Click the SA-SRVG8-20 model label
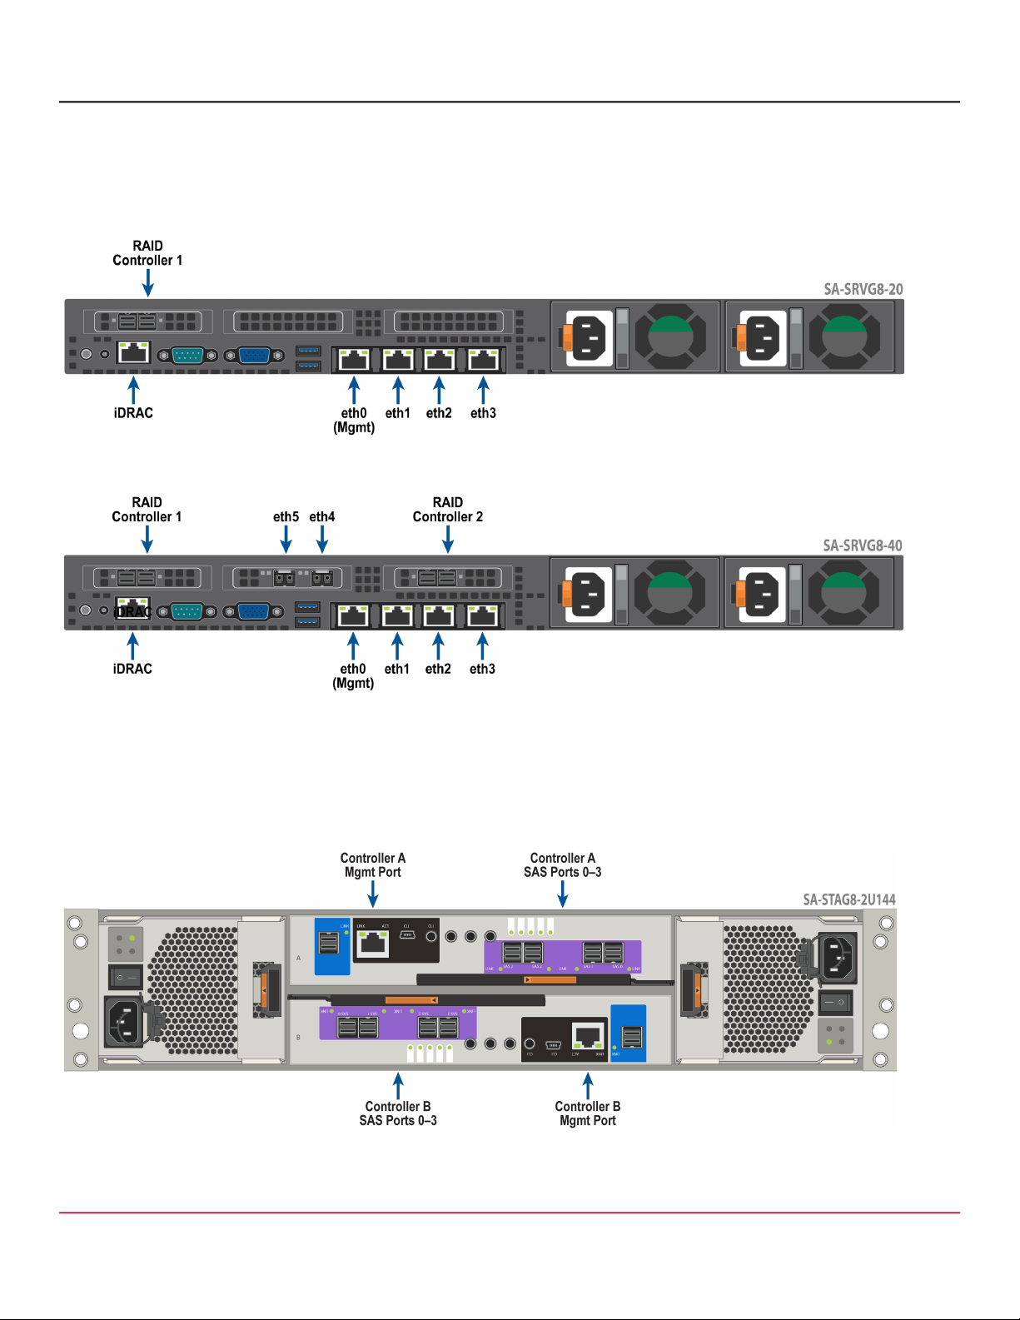[x=863, y=289]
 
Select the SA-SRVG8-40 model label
[x=863, y=545]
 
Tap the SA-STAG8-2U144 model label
[x=849, y=899]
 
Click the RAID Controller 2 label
[x=448, y=510]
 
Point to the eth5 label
[x=286, y=516]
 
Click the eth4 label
[x=322, y=516]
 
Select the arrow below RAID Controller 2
[x=448, y=539]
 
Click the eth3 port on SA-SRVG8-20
[x=484, y=360]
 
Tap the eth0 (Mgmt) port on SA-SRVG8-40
[x=353, y=616]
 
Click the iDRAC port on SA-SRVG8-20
[x=133, y=352]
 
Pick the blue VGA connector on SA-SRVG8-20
[x=254, y=356]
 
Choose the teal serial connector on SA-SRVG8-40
[x=187, y=612]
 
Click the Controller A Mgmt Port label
[x=373, y=865]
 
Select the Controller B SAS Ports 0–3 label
[x=398, y=1113]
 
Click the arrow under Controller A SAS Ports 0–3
[x=563, y=894]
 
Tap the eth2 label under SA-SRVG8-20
[x=439, y=413]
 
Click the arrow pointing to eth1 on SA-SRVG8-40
[x=397, y=646]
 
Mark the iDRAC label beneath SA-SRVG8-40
[x=132, y=669]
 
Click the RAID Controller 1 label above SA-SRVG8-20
[x=147, y=253]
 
